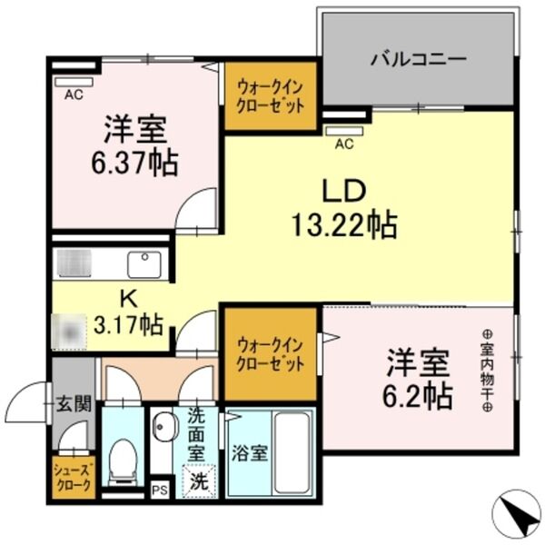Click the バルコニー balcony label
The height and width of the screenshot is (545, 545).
[x=418, y=61]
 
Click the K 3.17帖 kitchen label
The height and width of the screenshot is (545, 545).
[x=129, y=311]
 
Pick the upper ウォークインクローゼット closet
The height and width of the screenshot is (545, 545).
[x=270, y=94]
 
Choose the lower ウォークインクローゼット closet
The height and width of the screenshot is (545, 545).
[x=270, y=355]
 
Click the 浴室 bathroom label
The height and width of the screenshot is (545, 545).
[x=248, y=452]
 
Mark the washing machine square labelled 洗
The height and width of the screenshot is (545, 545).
[x=199, y=481]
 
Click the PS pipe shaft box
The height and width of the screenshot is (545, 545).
[x=160, y=491]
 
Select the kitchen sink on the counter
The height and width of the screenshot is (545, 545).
[x=143, y=264]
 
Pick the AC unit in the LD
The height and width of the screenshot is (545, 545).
[x=344, y=130]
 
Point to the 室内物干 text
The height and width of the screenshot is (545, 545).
[x=486, y=372]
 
